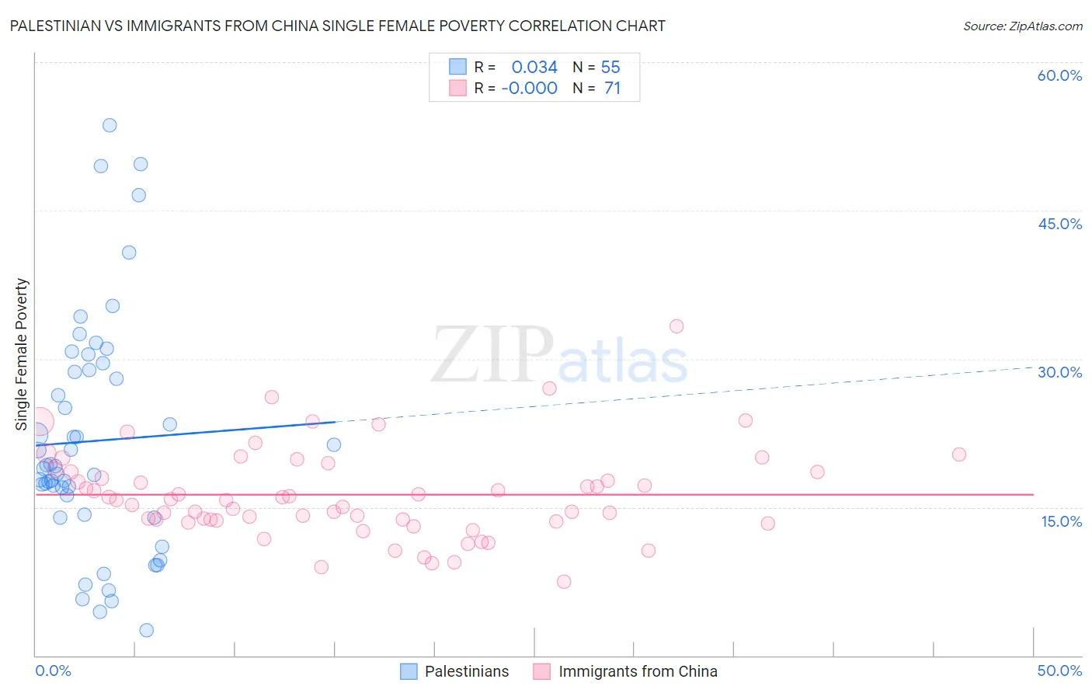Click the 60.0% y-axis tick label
(x=1059, y=75)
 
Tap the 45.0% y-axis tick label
(x=1059, y=224)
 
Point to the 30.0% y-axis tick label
(x=1059, y=372)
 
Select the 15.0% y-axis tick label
(x=1061, y=521)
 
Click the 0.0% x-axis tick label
(x=53, y=670)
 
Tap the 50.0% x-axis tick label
(x=1059, y=670)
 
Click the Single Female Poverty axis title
(x=22, y=354)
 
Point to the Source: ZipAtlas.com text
(x=1022, y=26)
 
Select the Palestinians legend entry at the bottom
(x=466, y=671)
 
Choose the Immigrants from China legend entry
(x=637, y=671)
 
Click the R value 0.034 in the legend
(x=534, y=68)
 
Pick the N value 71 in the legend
(x=612, y=89)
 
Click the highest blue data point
(x=110, y=125)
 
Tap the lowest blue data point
(x=146, y=630)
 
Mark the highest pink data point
(x=676, y=326)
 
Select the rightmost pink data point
(x=959, y=454)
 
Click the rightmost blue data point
(x=334, y=444)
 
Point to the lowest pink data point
(x=564, y=582)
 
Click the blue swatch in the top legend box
(x=458, y=67)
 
